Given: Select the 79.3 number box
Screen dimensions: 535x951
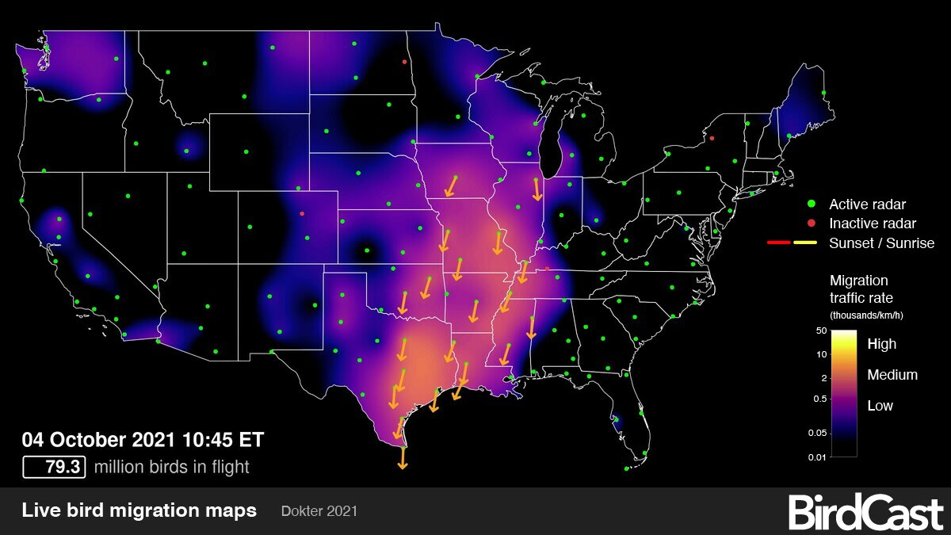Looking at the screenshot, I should (x=53, y=467).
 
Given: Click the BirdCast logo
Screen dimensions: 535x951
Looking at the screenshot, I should (x=865, y=512).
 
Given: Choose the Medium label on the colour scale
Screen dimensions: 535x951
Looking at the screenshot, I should (x=892, y=375).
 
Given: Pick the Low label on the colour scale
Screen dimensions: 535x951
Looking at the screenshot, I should (x=880, y=406).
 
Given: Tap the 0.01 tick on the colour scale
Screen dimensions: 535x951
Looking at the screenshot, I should (x=816, y=457).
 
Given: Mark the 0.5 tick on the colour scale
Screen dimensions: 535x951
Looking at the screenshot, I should (x=818, y=399).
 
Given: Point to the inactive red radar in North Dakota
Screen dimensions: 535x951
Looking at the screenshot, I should (x=404, y=61).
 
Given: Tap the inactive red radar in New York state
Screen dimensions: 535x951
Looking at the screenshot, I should (x=712, y=138).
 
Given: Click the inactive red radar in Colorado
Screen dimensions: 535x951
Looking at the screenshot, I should (x=302, y=213).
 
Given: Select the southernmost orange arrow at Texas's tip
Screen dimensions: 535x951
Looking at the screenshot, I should (x=403, y=458).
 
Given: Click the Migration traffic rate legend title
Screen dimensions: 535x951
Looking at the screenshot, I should (x=860, y=289).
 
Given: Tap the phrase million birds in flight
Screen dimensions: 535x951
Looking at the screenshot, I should (x=171, y=467).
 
